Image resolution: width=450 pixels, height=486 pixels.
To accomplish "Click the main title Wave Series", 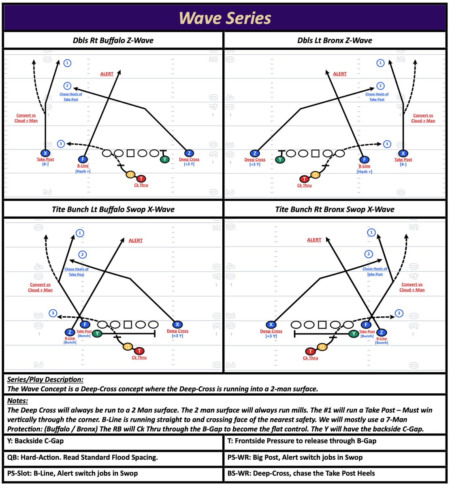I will pos(225,18).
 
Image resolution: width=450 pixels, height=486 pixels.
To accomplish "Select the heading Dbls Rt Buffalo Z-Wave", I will pos(113,40).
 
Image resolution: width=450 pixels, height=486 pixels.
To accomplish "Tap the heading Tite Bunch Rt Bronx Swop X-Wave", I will pos(335,209).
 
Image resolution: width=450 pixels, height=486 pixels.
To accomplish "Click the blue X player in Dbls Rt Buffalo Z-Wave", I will pos(45,153).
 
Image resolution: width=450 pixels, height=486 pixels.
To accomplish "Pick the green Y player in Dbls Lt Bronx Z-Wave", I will pos(280,159).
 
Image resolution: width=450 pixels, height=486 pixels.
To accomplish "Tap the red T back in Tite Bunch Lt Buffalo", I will pos(139,351).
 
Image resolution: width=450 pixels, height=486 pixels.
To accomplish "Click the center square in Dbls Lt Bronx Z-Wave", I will pos(315,153).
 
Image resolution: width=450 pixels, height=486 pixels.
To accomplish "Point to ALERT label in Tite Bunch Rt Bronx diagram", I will pos(314,240).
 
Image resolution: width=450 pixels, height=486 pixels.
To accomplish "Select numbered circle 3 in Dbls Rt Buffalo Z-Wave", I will pos(61,144).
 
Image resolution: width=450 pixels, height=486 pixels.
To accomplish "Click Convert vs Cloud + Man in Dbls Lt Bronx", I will pos(423,118).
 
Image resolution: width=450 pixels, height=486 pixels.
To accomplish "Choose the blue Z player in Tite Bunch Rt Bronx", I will pos(381,333).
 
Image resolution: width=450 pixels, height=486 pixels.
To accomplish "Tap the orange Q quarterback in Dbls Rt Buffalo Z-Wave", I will pos(130,175).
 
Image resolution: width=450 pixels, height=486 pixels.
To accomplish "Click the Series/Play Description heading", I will pos(45,379).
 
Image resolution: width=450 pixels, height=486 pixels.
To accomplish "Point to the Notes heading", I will pos(18,401).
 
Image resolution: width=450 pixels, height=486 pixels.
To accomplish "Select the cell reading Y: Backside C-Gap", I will pos(36,441).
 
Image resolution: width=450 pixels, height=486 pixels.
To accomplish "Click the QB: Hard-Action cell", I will pos(83,457).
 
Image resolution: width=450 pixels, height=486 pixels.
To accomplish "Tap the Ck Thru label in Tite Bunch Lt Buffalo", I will pos(139,358).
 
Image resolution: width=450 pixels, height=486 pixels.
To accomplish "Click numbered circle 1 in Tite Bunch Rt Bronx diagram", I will pos(371,232).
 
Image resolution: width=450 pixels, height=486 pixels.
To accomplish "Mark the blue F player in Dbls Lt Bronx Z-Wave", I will pos(365,160).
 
